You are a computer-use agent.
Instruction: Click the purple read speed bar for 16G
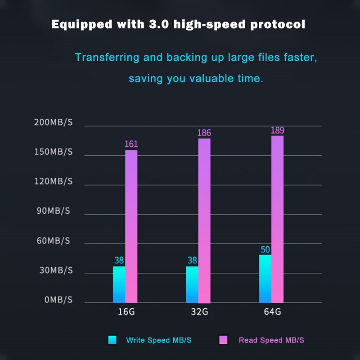pos(131,226)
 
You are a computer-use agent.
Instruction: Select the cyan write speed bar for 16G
pos(119,284)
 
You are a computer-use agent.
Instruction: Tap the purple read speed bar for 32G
pos(204,220)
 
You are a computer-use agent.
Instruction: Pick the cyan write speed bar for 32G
pos(192,284)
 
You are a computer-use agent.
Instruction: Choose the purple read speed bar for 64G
pos(277,219)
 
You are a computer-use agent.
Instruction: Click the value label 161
pos(131,144)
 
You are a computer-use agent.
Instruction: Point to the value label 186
pos(204,133)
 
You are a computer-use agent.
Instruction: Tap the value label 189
pos(277,130)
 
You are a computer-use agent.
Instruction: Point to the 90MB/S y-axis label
pos(53,211)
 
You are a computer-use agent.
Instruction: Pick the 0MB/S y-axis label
pos(58,300)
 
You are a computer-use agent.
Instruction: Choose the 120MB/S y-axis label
pos(53,181)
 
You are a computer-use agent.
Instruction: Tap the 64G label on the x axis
pos(272,311)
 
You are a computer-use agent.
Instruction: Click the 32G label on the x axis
pos(198,311)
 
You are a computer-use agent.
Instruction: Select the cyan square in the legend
pos(112,340)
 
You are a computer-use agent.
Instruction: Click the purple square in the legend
pos(223,340)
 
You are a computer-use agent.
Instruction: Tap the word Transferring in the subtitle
pos(107,58)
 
